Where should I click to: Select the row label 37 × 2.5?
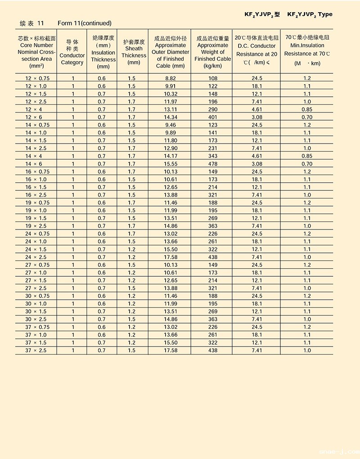(36, 350)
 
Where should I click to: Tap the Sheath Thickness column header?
(134, 52)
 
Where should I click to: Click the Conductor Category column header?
(72, 52)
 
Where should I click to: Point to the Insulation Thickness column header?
(103, 52)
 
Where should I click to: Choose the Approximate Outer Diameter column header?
(170, 52)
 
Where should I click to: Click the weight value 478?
(213, 164)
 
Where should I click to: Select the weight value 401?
(213, 117)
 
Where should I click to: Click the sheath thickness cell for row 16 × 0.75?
(131, 171)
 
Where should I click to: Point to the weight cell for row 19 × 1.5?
(213, 218)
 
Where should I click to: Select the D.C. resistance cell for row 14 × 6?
(257, 164)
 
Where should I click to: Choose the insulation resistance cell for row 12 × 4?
(307, 109)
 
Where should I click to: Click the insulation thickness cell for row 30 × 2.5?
(102, 319)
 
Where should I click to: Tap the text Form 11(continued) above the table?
(85, 23)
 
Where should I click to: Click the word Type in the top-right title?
(325, 14)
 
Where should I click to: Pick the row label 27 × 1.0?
(36, 273)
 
